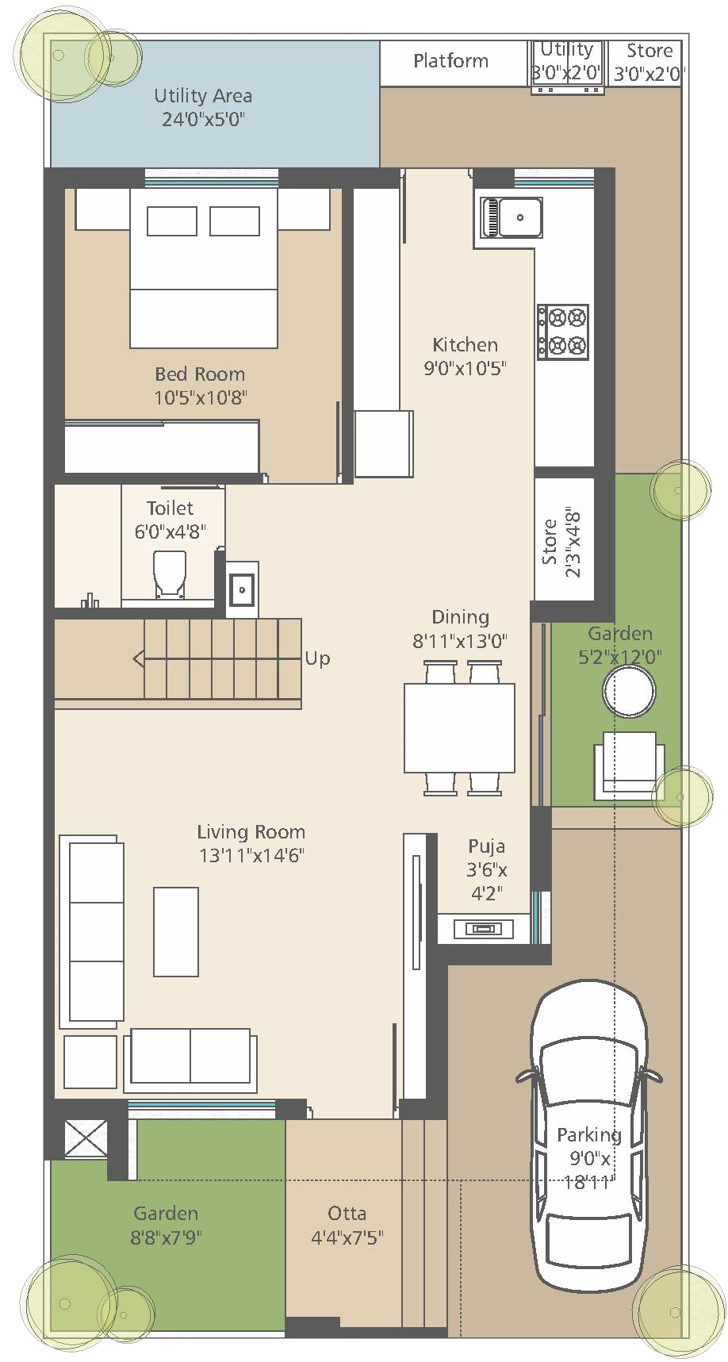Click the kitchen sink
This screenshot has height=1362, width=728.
click(512, 217)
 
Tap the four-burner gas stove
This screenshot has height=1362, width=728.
click(563, 332)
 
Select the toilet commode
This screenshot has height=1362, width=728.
click(170, 574)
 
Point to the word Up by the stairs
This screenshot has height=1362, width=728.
click(317, 658)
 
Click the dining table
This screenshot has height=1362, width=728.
click(460, 727)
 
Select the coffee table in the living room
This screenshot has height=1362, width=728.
click(176, 931)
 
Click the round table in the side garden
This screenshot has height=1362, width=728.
click(629, 690)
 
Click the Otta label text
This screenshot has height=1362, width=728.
click(347, 1213)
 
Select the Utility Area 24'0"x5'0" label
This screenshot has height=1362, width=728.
click(203, 107)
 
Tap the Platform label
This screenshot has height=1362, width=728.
click(450, 61)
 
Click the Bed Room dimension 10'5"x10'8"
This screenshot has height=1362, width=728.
click(201, 397)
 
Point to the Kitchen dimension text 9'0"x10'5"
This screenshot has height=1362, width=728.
click(466, 368)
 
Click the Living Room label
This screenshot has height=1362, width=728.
click(251, 831)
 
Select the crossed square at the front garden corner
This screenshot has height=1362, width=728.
click(86, 1138)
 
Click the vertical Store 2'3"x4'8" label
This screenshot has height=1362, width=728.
click(561, 543)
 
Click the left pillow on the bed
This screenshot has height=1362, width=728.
click(172, 221)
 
